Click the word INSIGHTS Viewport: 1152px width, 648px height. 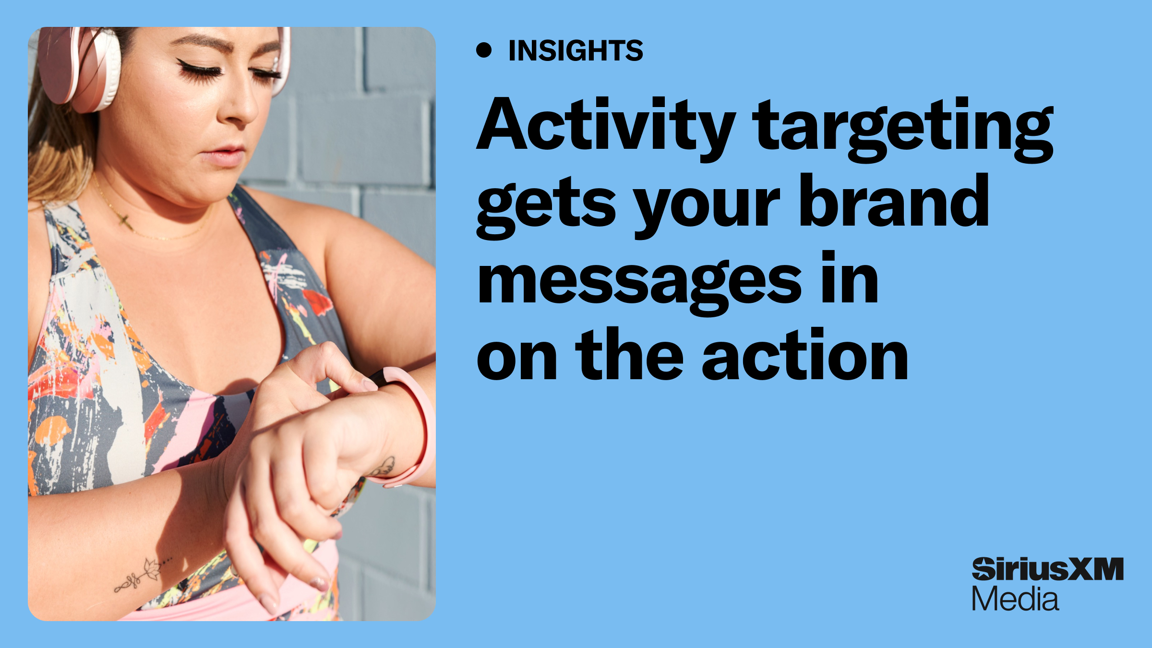point(576,50)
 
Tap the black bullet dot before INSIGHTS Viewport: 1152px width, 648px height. point(484,50)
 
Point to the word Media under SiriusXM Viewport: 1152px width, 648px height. point(1015,600)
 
